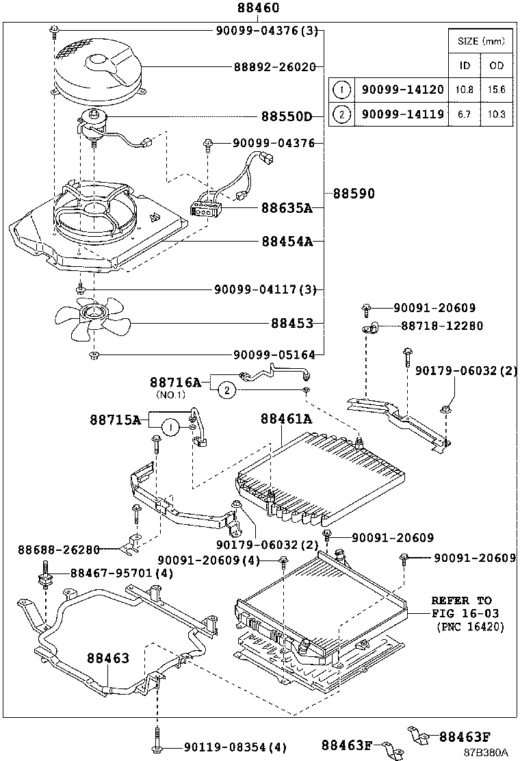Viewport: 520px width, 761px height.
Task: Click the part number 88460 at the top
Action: pos(259,8)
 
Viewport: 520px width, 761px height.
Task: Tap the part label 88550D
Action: pos(286,116)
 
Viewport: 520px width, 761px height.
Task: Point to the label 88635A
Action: pos(286,208)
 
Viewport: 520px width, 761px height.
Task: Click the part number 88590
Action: pos(354,194)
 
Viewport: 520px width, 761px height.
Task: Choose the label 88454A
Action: pos(286,241)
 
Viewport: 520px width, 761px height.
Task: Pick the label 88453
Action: pos(291,322)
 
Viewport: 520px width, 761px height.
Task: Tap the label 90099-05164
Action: pos(274,354)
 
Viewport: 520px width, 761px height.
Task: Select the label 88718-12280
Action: pos(441,326)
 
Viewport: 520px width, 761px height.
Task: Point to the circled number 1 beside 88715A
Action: pos(170,428)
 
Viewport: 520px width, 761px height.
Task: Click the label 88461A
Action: pos(286,419)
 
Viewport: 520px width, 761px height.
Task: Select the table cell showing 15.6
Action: pos(496,89)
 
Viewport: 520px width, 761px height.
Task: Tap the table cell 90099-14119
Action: pos(402,114)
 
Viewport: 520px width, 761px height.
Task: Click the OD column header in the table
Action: pos(496,65)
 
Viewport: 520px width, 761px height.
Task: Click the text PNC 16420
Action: pos(469,626)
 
